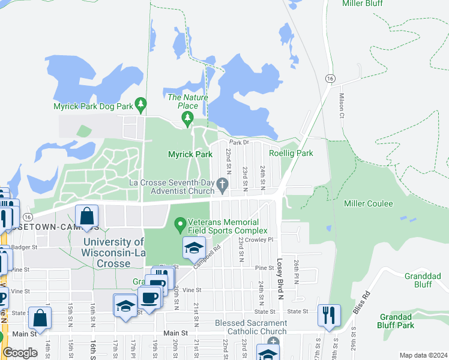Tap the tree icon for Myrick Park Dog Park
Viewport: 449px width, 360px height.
point(141,106)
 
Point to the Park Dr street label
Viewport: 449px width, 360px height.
point(238,143)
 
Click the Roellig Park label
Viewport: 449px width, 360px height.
point(291,154)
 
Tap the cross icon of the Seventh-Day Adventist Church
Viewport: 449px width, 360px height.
point(223,184)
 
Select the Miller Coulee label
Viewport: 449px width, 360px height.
point(368,204)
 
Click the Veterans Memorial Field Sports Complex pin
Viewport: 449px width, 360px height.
point(179,226)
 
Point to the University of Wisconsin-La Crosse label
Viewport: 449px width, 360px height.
point(113,253)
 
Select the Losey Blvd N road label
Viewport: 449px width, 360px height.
point(279,274)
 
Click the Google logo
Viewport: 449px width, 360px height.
point(20,353)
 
